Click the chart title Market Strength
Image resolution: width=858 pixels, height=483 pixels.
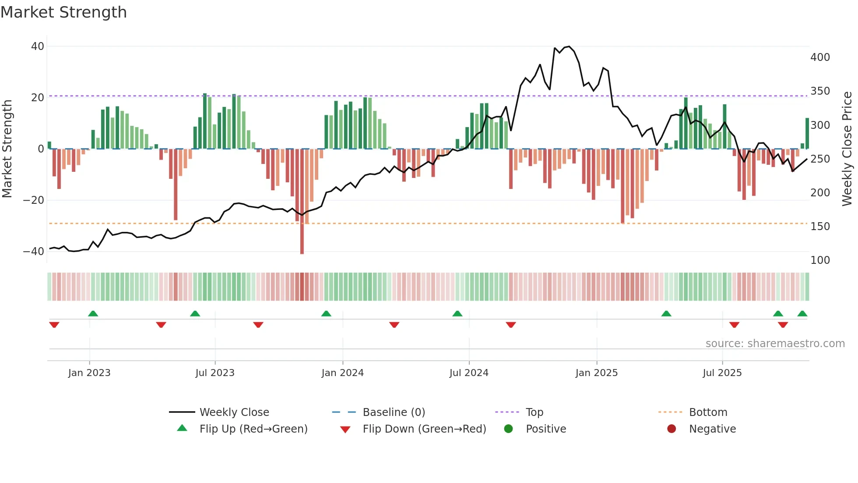pyautogui.click(x=63, y=12)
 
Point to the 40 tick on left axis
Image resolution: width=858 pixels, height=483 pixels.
pyautogui.click(x=38, y=46)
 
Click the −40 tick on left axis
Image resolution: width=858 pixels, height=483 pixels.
pyautogui.click(x=34, y=252)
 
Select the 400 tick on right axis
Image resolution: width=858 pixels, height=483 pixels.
pyautogui.click(x=820, y=57)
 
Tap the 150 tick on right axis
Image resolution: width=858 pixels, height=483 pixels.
pyautogui.click(x=820, y=227)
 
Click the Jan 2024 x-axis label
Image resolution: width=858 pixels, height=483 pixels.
pyautogui.click(x=342, y=373)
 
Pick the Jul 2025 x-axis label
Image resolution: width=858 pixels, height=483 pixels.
pyautogui.click(x=722, y=373)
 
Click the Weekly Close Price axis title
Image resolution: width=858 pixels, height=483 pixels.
pyautogui.click(x=847, y=149)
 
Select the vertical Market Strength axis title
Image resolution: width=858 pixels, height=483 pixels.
pyautogui.click(x=7, y=149)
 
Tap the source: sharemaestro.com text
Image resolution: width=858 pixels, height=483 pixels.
pyautogui.click(x=775, y=344)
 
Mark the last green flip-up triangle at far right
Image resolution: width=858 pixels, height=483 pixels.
pyautogui.click(x=802, y=314)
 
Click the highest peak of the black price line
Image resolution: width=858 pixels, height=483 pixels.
pyautogui.click(x=569, y=46)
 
